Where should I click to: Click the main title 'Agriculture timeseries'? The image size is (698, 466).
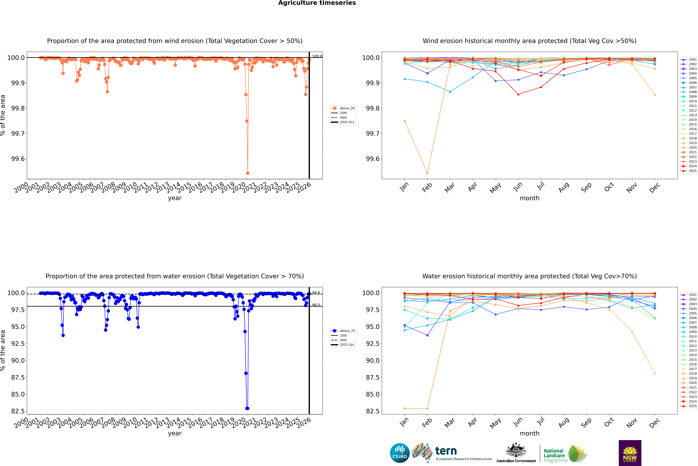[x=317, y=3]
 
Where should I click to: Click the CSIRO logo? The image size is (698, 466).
[x=400, y=453]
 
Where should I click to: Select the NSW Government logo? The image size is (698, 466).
[x=630, y=453]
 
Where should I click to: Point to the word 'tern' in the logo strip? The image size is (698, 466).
[x=446, y=451]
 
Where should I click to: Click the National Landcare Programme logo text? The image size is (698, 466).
[x=554, y=455]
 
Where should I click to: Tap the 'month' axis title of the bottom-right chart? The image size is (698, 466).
[x=529, y=433]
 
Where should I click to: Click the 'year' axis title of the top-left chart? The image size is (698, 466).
[x=175, y=198]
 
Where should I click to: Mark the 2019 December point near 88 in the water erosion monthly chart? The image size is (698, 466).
[x=655, y=373]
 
